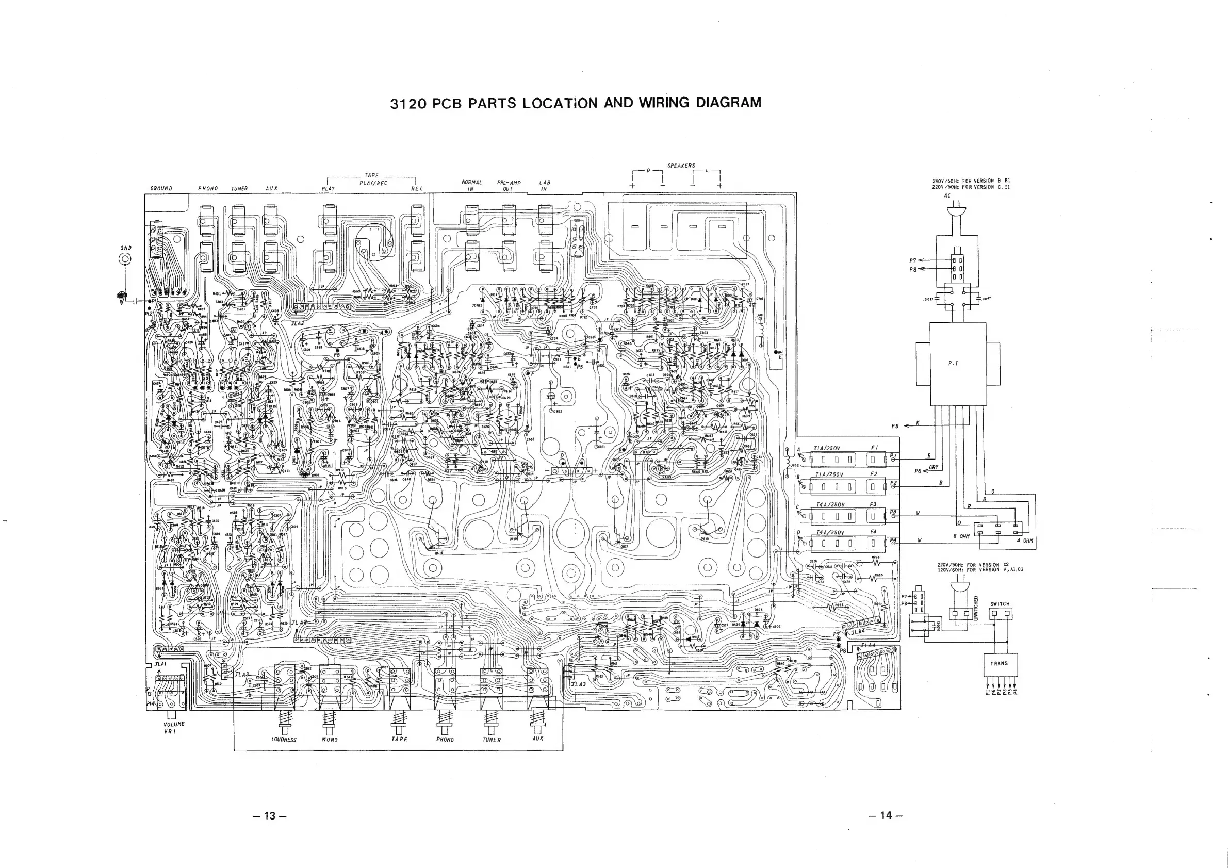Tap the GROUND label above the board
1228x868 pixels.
pyautogui.click(x=161, y=188)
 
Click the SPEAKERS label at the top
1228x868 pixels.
pyautogui.click(x=681, y=166)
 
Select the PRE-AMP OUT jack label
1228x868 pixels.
pyautogui.click(x=508, y=186)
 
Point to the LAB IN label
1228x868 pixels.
pyautogui.click(x=545, y=186)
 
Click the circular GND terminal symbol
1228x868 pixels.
pyautogui.click(x=125, y=259)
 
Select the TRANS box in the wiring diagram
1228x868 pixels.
pyautogui.click(x=999, y=664)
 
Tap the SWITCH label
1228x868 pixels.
pyautogui.click(x=1000, y=604)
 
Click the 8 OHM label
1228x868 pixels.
pyautogui.click(x=962, y=536)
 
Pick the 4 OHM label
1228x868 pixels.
pyautogui.click(x=1025, y=541)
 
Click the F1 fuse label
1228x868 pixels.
pyautogui.click(x=874, y=448)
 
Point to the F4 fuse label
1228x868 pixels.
pyautogui.click(x=873, y=532)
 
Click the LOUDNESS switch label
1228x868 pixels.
pyautogui.click(x=284, y=740)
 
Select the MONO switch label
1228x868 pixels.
pyautogui.click(x=330, y=740)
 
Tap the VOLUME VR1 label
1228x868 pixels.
pyautogui.click(x=174, y=727)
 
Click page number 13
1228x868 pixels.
pyautogui.click(x=271, y=815)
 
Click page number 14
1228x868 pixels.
pyautogui.click(x=886, y=815)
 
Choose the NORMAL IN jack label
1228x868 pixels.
pyautogui.click(x=471, y=186)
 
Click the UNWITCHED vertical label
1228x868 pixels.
pyautogui.click(x=975, y=608)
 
